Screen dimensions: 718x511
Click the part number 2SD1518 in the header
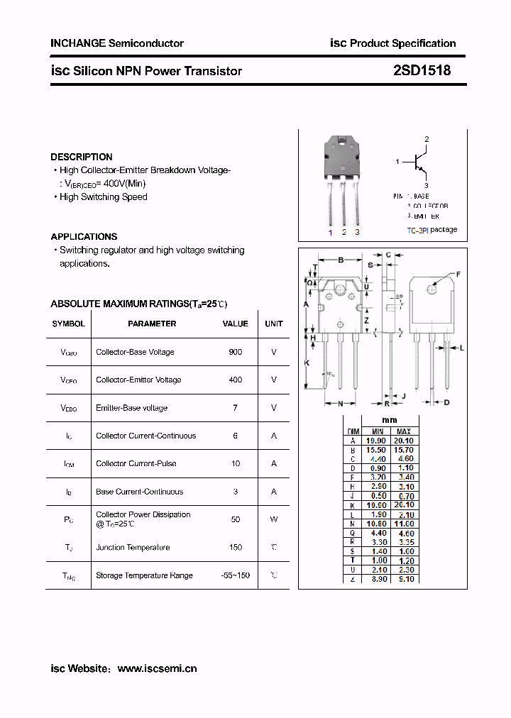pyautogui.click(x=422, y=71)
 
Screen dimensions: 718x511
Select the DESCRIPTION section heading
pyautogui.click(x=82, y=157)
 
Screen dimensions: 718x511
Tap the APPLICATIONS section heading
pyautogui.click(x=84, y=236)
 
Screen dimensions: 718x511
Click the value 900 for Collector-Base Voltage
pyautogui.click(x=235, y=352)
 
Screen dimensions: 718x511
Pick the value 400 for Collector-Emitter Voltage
pyautogui.click(x=235, y=380)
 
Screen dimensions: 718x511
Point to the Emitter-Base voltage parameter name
pyautogui.click(x=131, y=408)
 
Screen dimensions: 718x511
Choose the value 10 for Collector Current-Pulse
pyautogui.click(x=235, y=463)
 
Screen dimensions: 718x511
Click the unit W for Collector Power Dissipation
pyautogui.click(x=273, y=519)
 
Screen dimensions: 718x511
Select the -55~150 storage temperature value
pyautogui.click(x=235, y=575)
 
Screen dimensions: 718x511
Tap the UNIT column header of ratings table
pyautogui.click(x=273, y=324)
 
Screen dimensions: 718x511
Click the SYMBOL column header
pyautogui.click(x=68, y=324)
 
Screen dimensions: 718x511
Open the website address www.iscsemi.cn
pyautogui.click(x=157, y=668)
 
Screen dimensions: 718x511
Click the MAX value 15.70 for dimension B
pyautogui.click(x=403, y=450)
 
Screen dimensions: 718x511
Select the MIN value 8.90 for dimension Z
pyautogui.click(x=378, y=579)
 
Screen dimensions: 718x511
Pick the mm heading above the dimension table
pyautogui.click(x=390, y=420)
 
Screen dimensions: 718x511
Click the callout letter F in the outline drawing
pyautogui.click(x=458, y=274)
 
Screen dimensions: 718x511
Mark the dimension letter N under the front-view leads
pyautogui.click(x=340, y=403)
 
